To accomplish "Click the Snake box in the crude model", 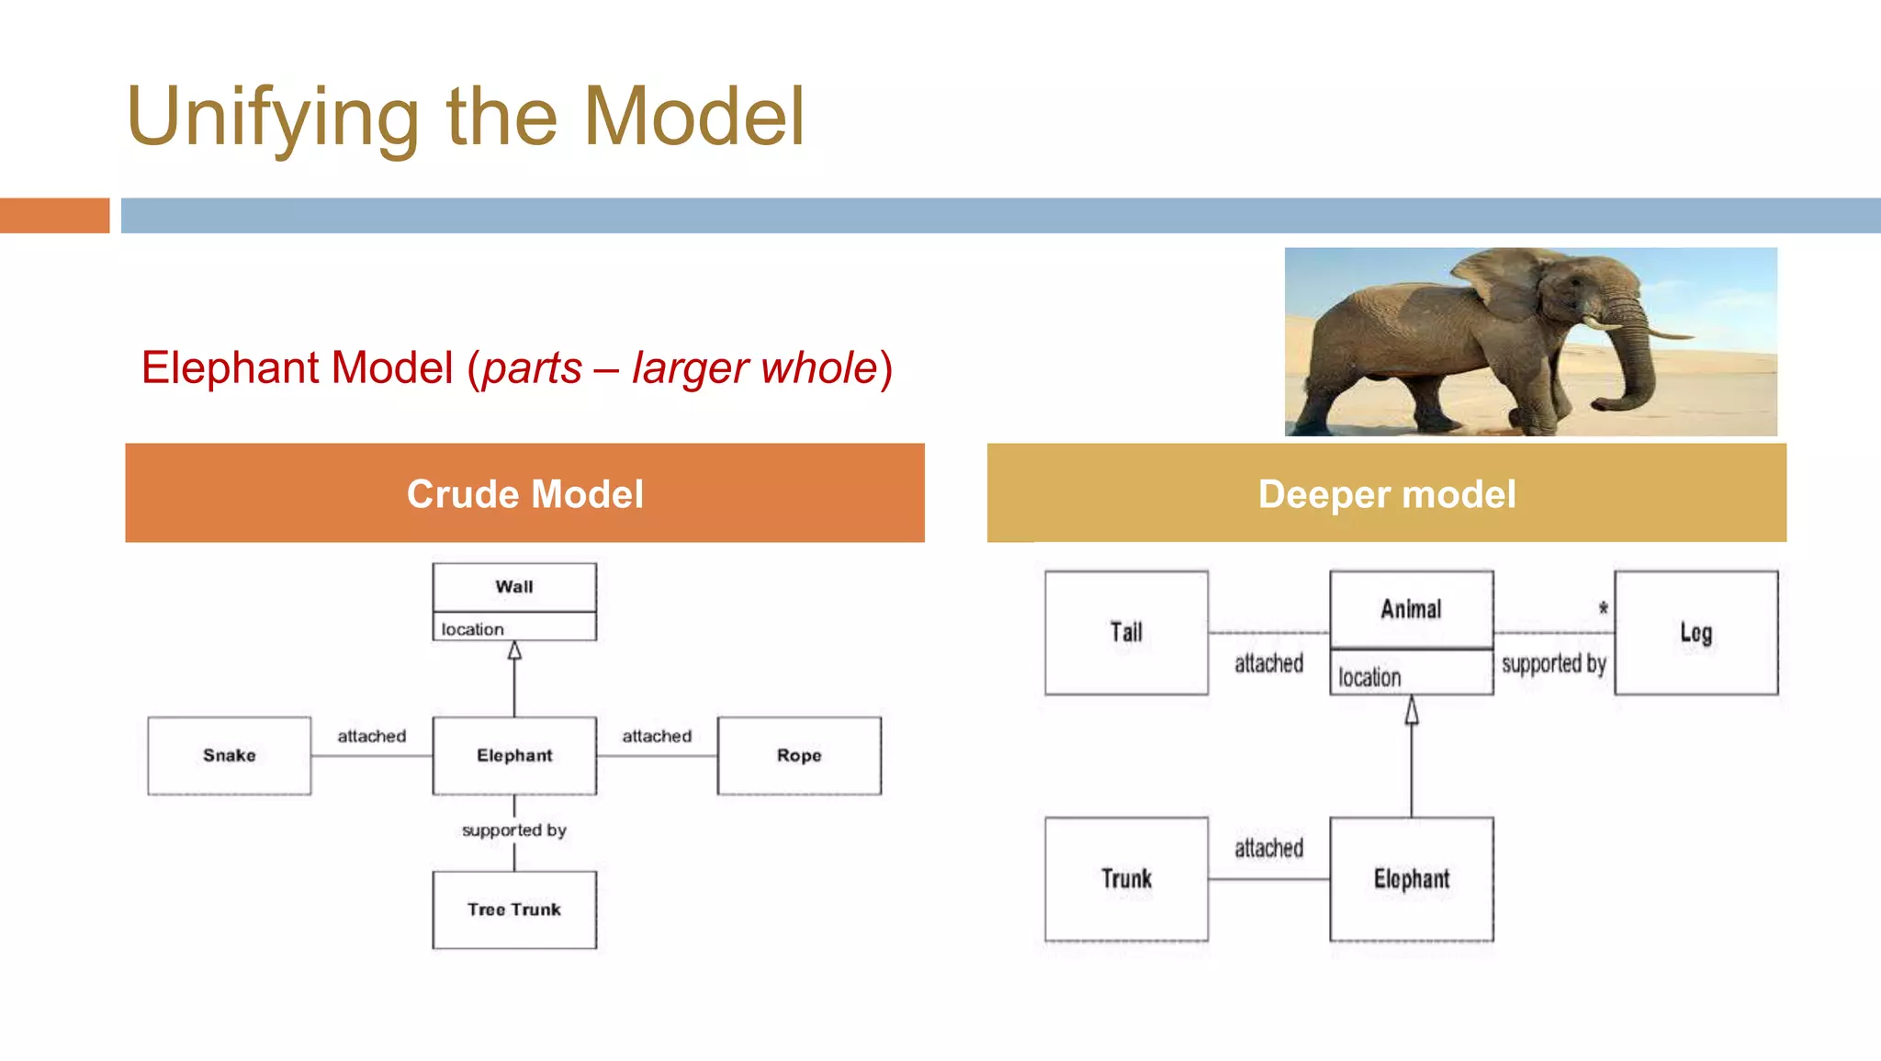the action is (x=230, y=755).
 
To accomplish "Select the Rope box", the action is (x=799, y=755).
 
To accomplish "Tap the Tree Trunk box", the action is (x=514, y=909).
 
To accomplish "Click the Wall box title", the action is (x=514, y=587).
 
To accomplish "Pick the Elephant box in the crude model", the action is (x=514, y=755).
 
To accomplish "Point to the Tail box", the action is (x=1126, y=632).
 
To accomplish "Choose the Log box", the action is (x=1695, y=632).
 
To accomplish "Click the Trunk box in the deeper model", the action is (x=1126, y=879).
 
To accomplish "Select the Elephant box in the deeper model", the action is (x=1411, y=879).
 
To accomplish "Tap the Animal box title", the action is (x=1411, y=609).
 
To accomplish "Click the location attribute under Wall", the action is (x=473, y=629).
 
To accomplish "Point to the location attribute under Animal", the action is (x=1369, y=678).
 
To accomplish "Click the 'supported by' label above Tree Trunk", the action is (x=514, y=830).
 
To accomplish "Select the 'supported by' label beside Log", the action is (x=1553, y=663).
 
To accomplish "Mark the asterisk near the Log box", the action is (x=1604, y=608).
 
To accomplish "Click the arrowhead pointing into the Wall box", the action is (x=514, y=650).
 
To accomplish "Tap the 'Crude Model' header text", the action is (x=525, y=494).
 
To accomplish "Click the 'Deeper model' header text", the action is (x=1387, y=494).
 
